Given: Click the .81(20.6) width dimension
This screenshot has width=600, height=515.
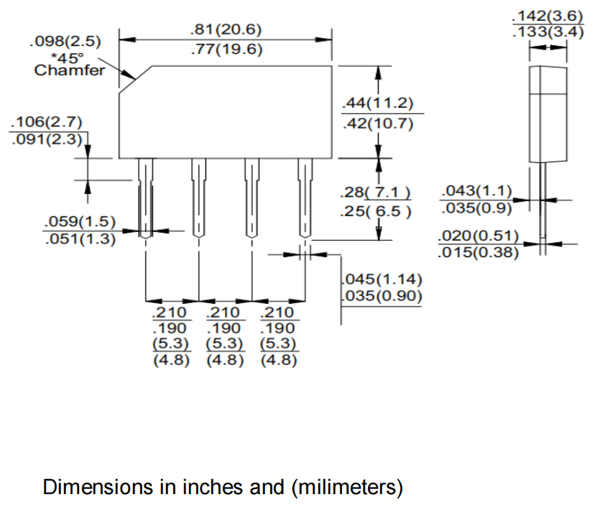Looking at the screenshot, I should coord(226,30).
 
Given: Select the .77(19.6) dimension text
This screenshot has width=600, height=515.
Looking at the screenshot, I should coord(226,50).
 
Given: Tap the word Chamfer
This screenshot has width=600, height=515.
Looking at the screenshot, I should coord(69,70).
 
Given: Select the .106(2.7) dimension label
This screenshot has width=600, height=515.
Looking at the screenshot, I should coord(46,121).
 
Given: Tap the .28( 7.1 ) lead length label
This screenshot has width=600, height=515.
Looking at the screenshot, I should coord(377,192).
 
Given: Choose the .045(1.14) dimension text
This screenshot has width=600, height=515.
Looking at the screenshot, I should coord(381,279).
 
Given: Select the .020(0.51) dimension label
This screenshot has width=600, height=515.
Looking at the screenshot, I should coord(478,236).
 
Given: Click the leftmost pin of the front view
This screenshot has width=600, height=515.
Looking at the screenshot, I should coord(145,198).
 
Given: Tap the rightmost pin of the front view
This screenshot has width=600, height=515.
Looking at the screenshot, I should coord(305,198).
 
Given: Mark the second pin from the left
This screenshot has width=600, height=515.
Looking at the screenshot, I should coord(198,198).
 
